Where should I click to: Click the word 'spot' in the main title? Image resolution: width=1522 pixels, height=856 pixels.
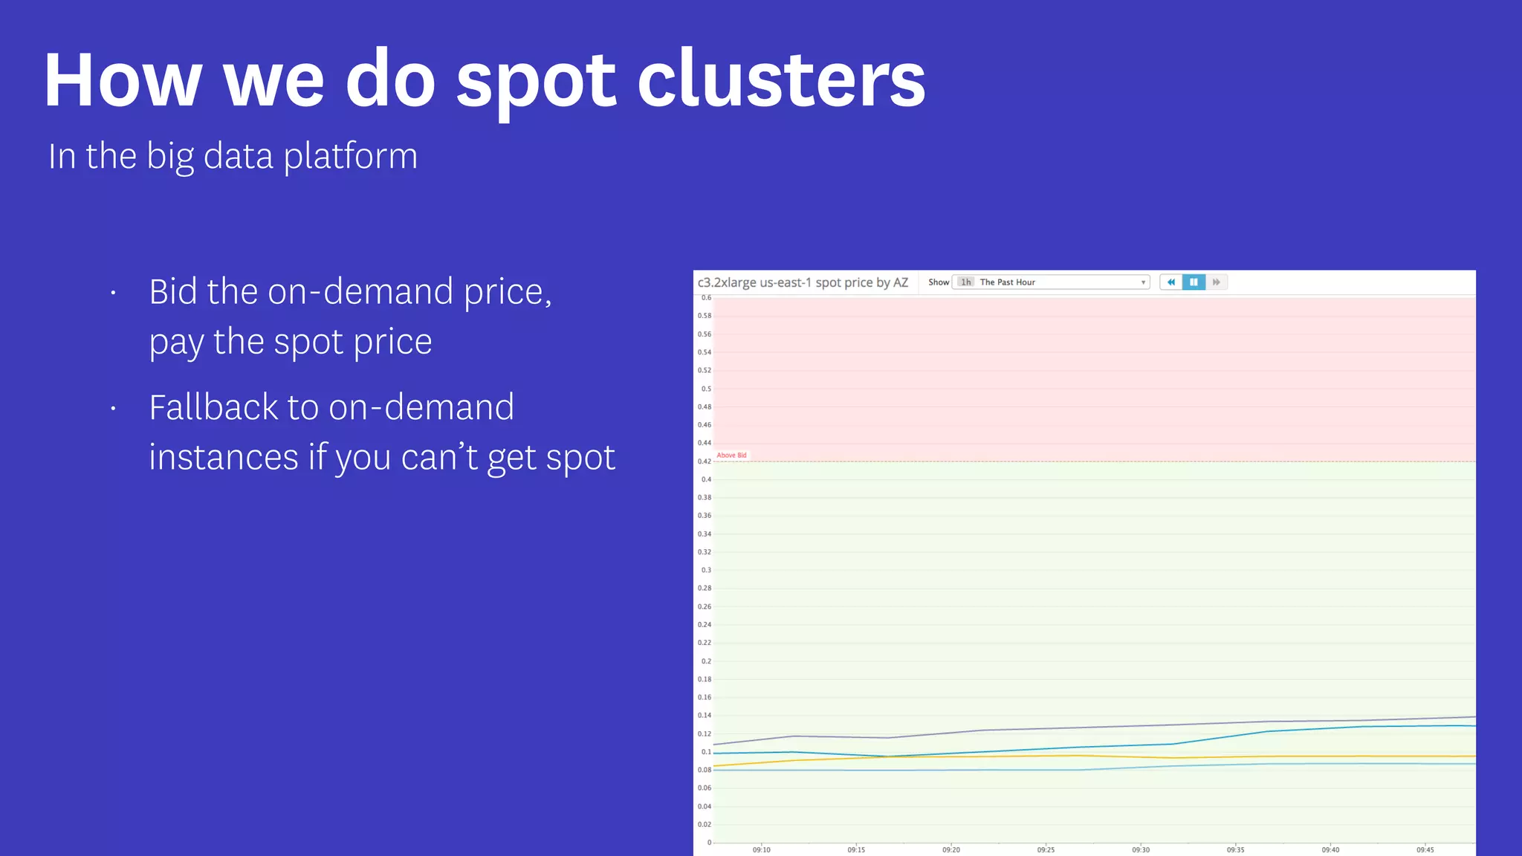pos(535,82)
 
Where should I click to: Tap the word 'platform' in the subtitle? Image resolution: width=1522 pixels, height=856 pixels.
pos(350,157)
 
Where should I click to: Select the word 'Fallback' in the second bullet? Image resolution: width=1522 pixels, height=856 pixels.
pos(213,407)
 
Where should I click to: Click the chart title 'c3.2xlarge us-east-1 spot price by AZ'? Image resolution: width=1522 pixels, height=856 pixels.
pos(803,282)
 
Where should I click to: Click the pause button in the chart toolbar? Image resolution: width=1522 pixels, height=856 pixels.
pos(1194,282)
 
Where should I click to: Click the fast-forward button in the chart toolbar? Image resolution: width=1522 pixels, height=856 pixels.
pos(1217,282)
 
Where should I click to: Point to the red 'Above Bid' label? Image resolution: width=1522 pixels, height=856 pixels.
pos(731,455)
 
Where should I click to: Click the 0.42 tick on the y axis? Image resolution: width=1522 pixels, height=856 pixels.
pos(704,461)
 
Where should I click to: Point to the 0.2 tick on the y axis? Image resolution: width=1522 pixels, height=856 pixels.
pos(706,661)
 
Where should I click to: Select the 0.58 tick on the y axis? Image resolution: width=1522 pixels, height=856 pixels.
pos(704,316)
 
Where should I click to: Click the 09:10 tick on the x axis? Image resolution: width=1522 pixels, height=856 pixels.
pos(761,849)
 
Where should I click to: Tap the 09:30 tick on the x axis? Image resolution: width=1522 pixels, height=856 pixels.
pos(1141,849)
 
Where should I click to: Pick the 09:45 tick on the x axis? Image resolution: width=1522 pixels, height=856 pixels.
pos(1425,849)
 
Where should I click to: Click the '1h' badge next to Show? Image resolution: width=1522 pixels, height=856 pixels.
pos(965,282)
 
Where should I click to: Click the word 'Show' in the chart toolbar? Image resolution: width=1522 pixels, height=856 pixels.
pos(939,282)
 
